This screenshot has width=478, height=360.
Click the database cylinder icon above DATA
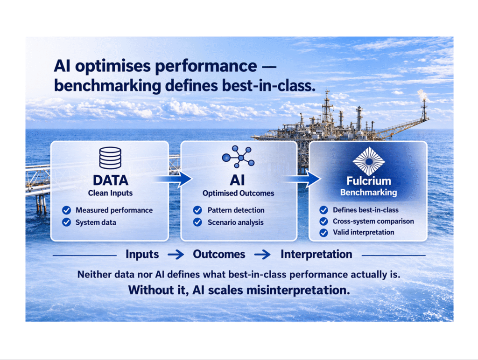pyautogui.click(x=110, y=158)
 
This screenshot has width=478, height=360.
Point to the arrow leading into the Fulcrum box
pyautogui.click(x=302, y=179)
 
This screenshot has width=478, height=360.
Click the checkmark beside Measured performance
pyautogui.click(x=66, y=210)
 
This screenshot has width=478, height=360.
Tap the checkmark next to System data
pyautogui.click(x=66, y=222)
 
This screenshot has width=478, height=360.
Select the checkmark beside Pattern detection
pyautogui.click(x=197, y=210)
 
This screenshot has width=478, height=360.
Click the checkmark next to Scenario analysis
pyautogui.click(x=197, y=222)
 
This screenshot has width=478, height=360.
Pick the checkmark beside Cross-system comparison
pyautogui.click(x=324, y=222)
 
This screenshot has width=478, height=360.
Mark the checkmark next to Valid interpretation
pyautogui.click(x=324, y=233)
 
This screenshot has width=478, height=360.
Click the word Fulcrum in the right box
pyautogui.click(x=369, y=181)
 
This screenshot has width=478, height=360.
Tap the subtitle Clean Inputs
pyautogui.click(x=110, y=193)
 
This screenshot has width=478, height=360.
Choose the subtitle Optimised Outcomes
pyautogui.click(x=239, y=193)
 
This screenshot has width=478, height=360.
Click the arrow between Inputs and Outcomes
pyautogui.click(x=176, y=254)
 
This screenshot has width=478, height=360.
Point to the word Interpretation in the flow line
pyautogui.click(x=316, y=254)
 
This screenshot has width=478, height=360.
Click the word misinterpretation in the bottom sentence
pyautogui.click(x=298, y=290)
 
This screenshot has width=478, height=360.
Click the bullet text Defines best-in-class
pyautogui.click(x=366, y=210)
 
